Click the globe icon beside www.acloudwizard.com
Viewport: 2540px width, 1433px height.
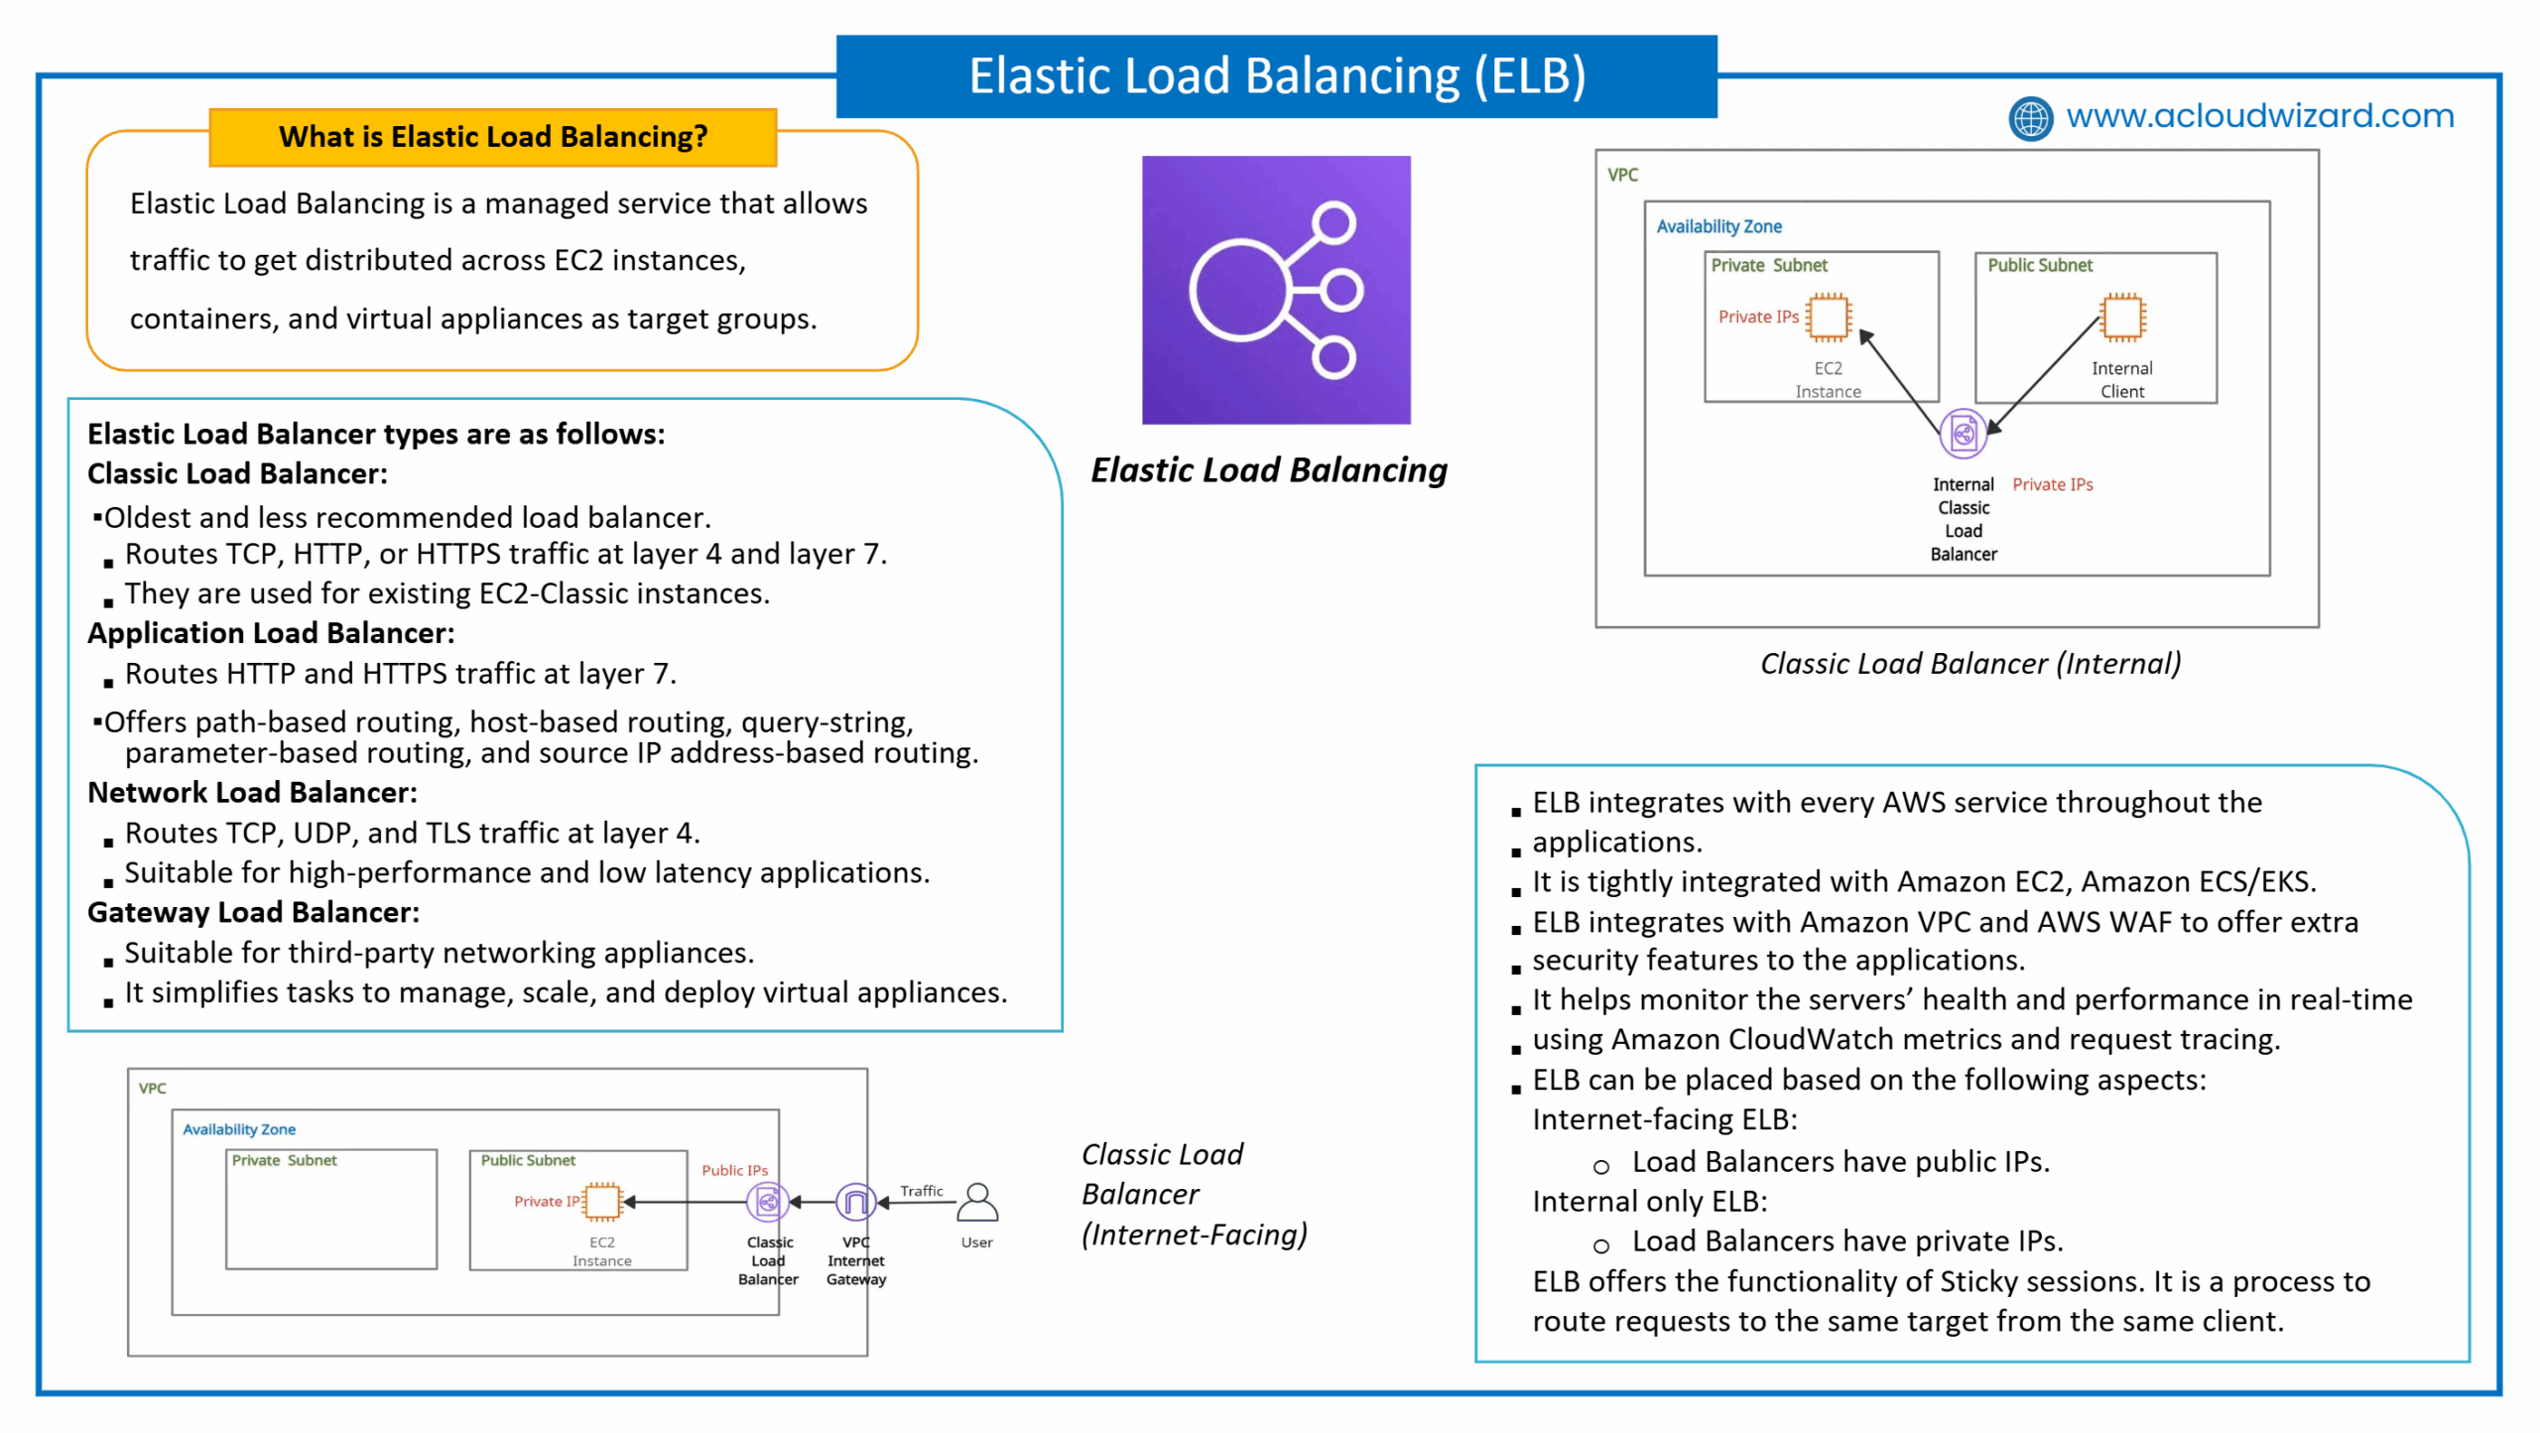(x=2030, y=118)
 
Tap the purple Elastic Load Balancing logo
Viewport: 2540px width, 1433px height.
(x=1276, y=290)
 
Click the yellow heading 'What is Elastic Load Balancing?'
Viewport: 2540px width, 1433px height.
(x=493, y=137)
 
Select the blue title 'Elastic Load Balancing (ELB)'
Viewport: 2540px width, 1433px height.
(x=1277, y=76)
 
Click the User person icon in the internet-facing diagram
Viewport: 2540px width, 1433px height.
(x=977, y=1202)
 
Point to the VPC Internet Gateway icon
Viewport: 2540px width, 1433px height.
(x=855, y=1203)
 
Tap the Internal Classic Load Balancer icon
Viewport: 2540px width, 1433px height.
(x=1963, y=434)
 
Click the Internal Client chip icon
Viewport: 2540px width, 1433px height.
(x=2122, y=318)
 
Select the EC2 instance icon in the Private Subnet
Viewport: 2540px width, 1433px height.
(x=1828, y=318)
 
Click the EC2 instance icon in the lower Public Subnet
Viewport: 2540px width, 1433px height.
(x=602, y=1202)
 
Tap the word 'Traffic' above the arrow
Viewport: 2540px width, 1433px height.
(x=922, y=1191)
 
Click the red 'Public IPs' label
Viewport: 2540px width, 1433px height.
(x=735, y=1170)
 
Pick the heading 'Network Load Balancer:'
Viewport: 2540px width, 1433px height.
(x=252, y=793)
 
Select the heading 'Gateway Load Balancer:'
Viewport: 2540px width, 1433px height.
(x=253, y=913)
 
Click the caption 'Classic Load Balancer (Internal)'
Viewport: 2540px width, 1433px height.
(x=1970, y=664)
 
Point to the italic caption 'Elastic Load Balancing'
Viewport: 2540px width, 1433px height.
(x=1269, y=470)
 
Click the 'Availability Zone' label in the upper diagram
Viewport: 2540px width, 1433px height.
(x=1719, y=226)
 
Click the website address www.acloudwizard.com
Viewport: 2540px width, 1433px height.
(x=2260, y=116)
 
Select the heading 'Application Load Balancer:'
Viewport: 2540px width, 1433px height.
(x=271, y=633)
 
